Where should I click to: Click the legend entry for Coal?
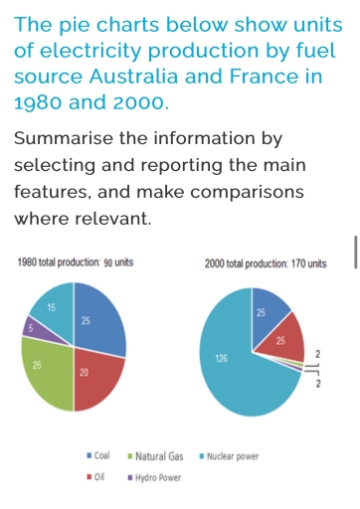[99, 456]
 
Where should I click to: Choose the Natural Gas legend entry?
[157, 456]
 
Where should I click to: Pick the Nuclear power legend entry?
[230, 456]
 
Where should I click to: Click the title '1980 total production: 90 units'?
[76, 262]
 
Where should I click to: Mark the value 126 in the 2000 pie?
[221, 356]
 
